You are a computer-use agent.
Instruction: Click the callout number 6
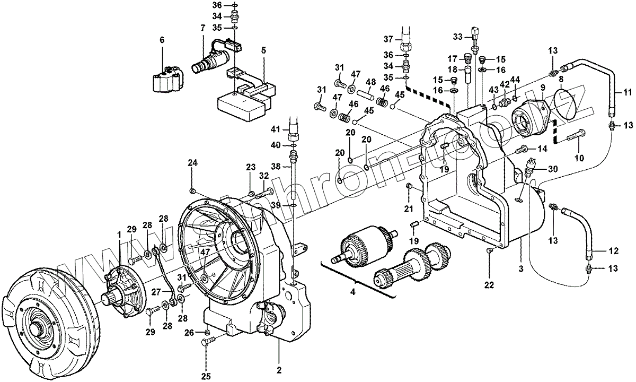162,40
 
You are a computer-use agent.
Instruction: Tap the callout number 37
388,39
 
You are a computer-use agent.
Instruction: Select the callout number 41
276,130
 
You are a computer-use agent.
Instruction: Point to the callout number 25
206,376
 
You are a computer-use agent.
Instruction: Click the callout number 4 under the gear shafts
353,292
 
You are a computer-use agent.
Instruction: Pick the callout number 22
490,284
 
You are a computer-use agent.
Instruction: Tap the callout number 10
579,158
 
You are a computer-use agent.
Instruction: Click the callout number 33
458,37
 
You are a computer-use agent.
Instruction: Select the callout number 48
370,82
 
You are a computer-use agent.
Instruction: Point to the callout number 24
192,163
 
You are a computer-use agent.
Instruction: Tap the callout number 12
613,251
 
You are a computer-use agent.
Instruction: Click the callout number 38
276,166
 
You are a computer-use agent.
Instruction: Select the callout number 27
156,292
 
